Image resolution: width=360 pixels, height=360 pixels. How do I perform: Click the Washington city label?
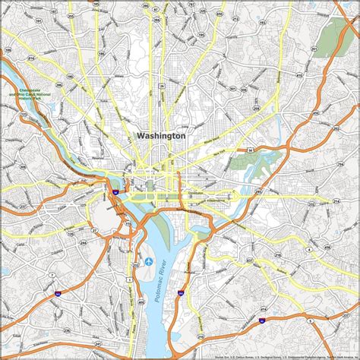[x=161, y=135]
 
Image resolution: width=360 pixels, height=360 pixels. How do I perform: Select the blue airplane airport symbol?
[x=149, y=261]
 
